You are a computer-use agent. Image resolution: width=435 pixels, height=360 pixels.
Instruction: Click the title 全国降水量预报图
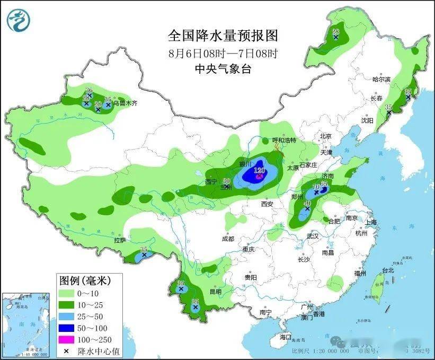coord(223,36)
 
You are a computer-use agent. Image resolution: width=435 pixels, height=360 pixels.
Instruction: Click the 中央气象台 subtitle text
coord(223,68)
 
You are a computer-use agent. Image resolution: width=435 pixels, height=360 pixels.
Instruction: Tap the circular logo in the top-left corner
coord(19,20)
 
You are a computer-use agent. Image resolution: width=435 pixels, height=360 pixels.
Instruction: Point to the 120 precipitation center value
coord(259,171)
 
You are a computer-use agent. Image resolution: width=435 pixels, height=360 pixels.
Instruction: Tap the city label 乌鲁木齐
coord(126,103)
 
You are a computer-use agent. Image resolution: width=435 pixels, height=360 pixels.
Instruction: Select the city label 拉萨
coord(119,240)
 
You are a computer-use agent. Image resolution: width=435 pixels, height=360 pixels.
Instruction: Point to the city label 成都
coord(228,239)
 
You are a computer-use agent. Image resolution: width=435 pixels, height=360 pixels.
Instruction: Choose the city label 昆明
coord(215,292)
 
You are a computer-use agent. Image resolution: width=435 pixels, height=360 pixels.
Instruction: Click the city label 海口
coord(286,337)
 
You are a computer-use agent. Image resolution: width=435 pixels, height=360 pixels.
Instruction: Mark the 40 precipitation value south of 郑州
coord(307,204)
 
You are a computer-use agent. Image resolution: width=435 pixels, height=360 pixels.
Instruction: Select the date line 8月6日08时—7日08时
coord(223,53)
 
